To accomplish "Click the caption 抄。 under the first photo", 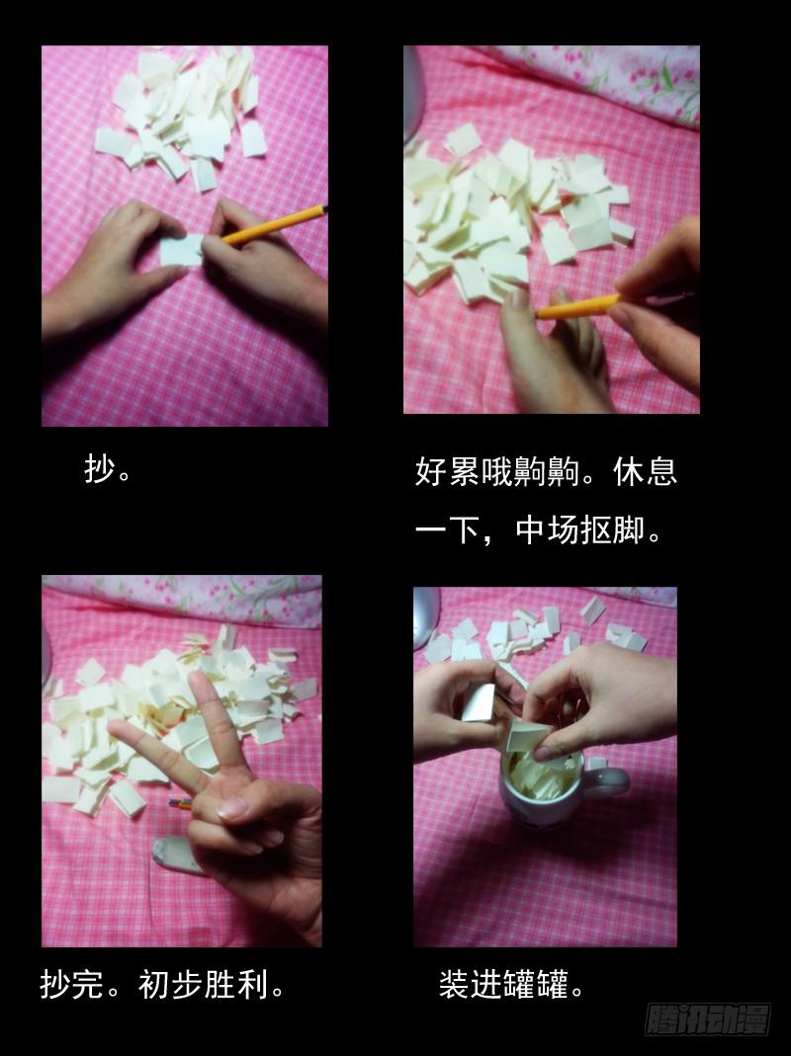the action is (x=108, y=469).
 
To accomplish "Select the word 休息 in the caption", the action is (x=646, y=471).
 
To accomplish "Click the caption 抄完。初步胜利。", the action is (x=162, y=984).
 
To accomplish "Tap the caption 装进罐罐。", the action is (x=511, y=984).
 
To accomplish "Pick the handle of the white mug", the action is (x=609, y=782).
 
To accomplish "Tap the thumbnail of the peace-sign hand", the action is (x=233, y=808).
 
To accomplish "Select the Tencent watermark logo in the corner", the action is (x=708, y=1019).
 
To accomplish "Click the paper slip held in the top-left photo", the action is (x=181, y=249).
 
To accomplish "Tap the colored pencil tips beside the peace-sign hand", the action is (x=181, y=803).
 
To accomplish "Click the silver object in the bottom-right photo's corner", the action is (x=426, y=617).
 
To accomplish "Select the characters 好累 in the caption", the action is (x=447, y=471).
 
